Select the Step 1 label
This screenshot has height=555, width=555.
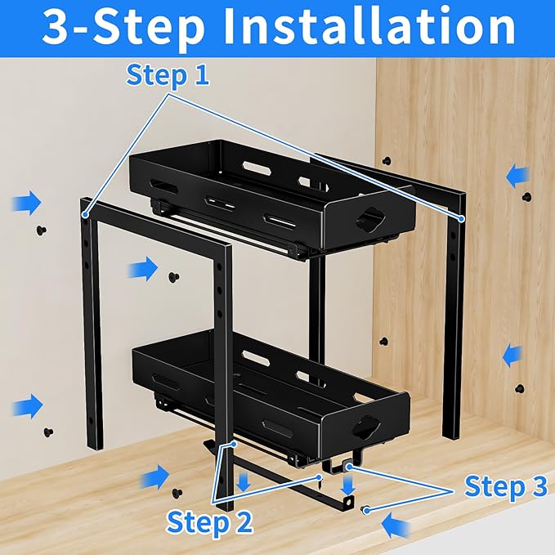pyautogui.click(x=168, y=75)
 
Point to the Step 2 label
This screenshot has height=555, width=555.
pyautogui.click(x=209, y=520)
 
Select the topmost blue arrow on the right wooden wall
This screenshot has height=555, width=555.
pyautogui.click(x=517, y=175)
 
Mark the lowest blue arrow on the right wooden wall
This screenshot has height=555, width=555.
pyautogui.click(x=512, y=356)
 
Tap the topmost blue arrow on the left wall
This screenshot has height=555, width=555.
pyautogui.click(x=27, y=202)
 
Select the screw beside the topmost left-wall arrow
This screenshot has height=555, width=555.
pyautogui.click(x=41, y=230)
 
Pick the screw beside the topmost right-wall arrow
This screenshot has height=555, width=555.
pyautogui.click(x=527, y=198)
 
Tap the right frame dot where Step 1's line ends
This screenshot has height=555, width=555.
pyautogui.click(x=462, y=219)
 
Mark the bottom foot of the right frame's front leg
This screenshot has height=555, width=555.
pyautogui.click(x=452, y=433)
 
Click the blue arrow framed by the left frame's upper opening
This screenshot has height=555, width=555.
pyautogui.click(x=145, y=266)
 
